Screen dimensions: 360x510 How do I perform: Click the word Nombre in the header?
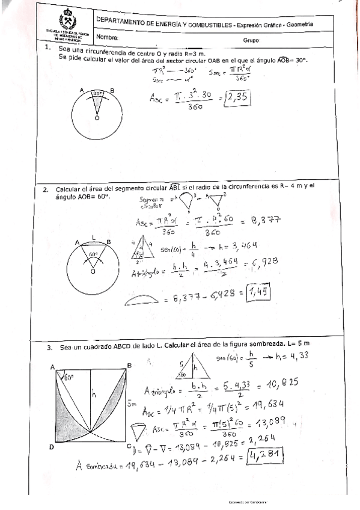point(108,37)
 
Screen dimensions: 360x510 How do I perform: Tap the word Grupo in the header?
point(251,41)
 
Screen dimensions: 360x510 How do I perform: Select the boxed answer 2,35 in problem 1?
point(252,98)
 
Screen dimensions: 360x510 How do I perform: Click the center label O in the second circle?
point(93,272)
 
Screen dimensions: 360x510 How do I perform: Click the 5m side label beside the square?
point(135,405)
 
